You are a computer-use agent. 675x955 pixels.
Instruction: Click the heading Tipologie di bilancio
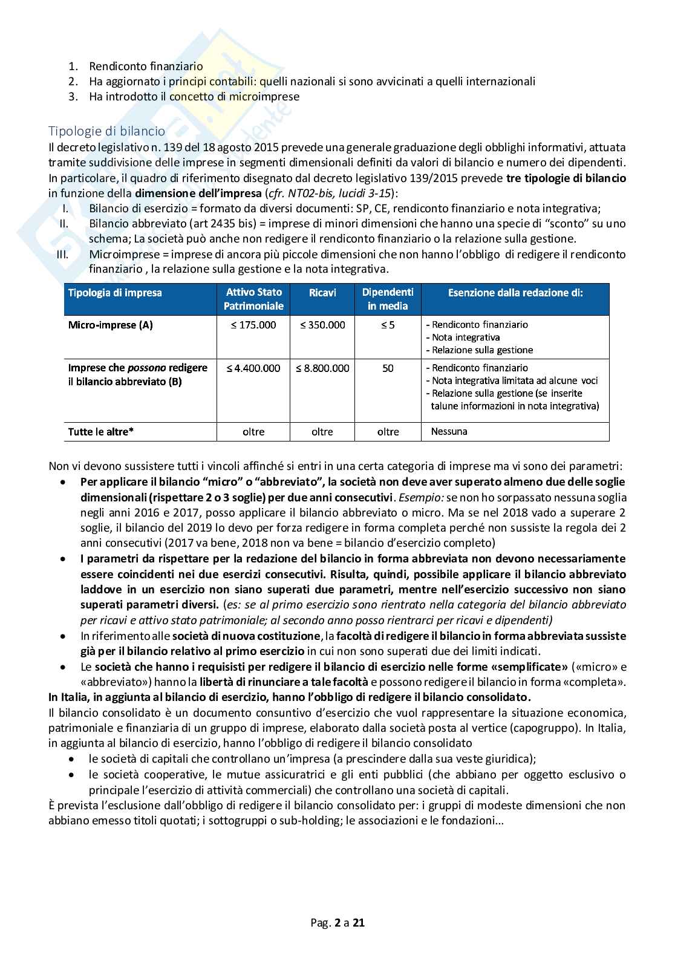click(106, 131)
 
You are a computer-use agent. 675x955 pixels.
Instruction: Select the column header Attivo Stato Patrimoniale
click(253, 299)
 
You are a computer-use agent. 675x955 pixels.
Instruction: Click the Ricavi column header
click(322, 293)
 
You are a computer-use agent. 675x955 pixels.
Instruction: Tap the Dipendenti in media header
click(388, 299)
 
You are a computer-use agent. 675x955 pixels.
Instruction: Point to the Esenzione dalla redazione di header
click(515, 293)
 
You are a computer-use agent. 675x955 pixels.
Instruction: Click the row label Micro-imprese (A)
click(111, 325)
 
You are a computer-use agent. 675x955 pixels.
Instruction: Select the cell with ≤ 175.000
click(253, 325)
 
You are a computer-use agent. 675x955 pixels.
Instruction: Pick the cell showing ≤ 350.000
click(322, 325)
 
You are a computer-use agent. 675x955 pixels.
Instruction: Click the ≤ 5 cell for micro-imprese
click(388, 325)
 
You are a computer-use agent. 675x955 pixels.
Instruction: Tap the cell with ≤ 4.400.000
click(253, 368)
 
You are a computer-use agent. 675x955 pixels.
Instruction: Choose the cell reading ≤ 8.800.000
click(322, 368)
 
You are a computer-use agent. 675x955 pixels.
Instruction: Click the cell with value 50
click(388, 368)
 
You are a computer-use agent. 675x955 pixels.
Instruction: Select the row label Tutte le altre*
click(101, 432)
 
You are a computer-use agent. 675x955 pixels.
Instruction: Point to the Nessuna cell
click(449, 431)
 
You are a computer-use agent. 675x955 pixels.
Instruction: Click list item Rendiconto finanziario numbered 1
click(146, 67)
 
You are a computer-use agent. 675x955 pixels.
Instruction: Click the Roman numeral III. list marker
click(62, 254)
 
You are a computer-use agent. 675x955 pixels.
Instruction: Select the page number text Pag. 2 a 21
click(337, 923)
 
